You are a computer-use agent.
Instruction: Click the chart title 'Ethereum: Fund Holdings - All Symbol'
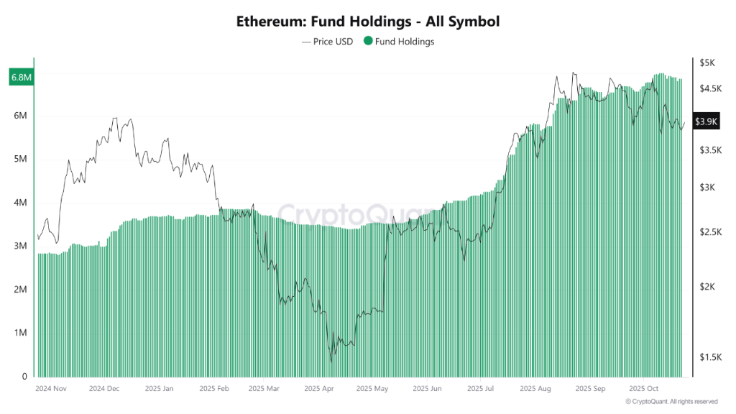[367, 22]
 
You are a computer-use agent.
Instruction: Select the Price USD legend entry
[328, 42]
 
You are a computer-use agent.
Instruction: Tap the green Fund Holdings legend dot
[368, 42]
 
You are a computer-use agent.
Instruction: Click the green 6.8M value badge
[19, 77]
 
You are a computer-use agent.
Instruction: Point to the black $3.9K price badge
[706, 121]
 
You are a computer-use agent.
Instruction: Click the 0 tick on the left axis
[24, 377]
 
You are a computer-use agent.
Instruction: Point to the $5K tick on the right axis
[707, 63]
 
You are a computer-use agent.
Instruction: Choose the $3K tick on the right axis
[707, 188]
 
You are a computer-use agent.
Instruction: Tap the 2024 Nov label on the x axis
[51, 389]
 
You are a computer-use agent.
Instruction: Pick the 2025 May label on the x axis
[372, 389]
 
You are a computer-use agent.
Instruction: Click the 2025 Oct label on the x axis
[644, 389]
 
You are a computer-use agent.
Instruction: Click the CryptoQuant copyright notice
[671, 401]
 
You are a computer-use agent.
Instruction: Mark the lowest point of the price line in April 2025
[331, 362]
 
